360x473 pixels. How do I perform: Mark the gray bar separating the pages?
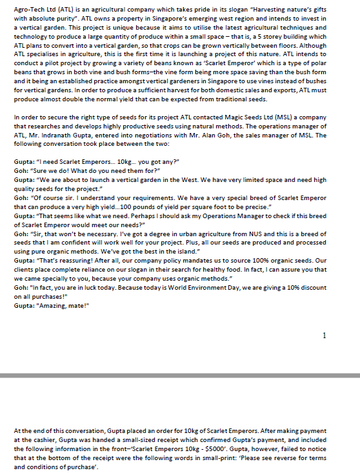pos(180,375)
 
